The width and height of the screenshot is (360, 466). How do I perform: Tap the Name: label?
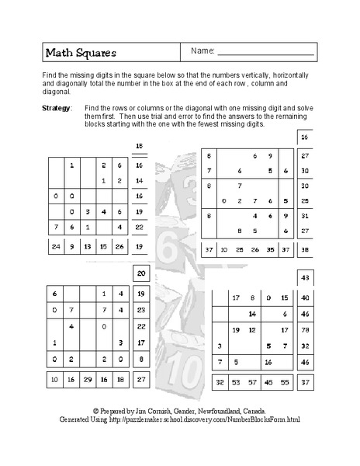click(x=202, y=51)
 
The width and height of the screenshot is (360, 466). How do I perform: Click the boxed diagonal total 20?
click(x=140, y=273)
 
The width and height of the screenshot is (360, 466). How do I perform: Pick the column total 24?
click(x=55, y=247)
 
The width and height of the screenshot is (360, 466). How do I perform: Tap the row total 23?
click(x=140, y=310)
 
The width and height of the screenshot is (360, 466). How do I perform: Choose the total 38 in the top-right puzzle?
click(x=304, y=250)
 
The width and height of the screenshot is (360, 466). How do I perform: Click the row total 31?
click(x=304, y=214)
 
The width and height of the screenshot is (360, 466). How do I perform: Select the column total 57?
click(x=252, y=383)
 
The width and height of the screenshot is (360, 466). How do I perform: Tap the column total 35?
click(x=269, y=250)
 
